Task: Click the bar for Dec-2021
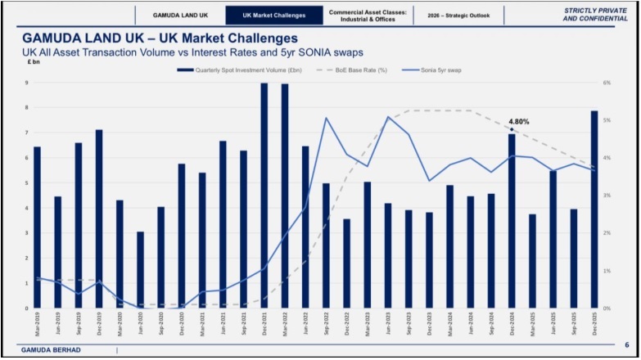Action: (264, 196)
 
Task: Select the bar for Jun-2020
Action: (140, 270)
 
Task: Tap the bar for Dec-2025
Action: (594, 209)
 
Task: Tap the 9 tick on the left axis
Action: (26, 83)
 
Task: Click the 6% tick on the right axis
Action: (607, 83)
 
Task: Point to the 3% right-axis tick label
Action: (607, 196)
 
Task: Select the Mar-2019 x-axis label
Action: (37, 325)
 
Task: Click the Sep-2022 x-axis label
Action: (327, 325)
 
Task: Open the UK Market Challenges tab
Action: (273, 15)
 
